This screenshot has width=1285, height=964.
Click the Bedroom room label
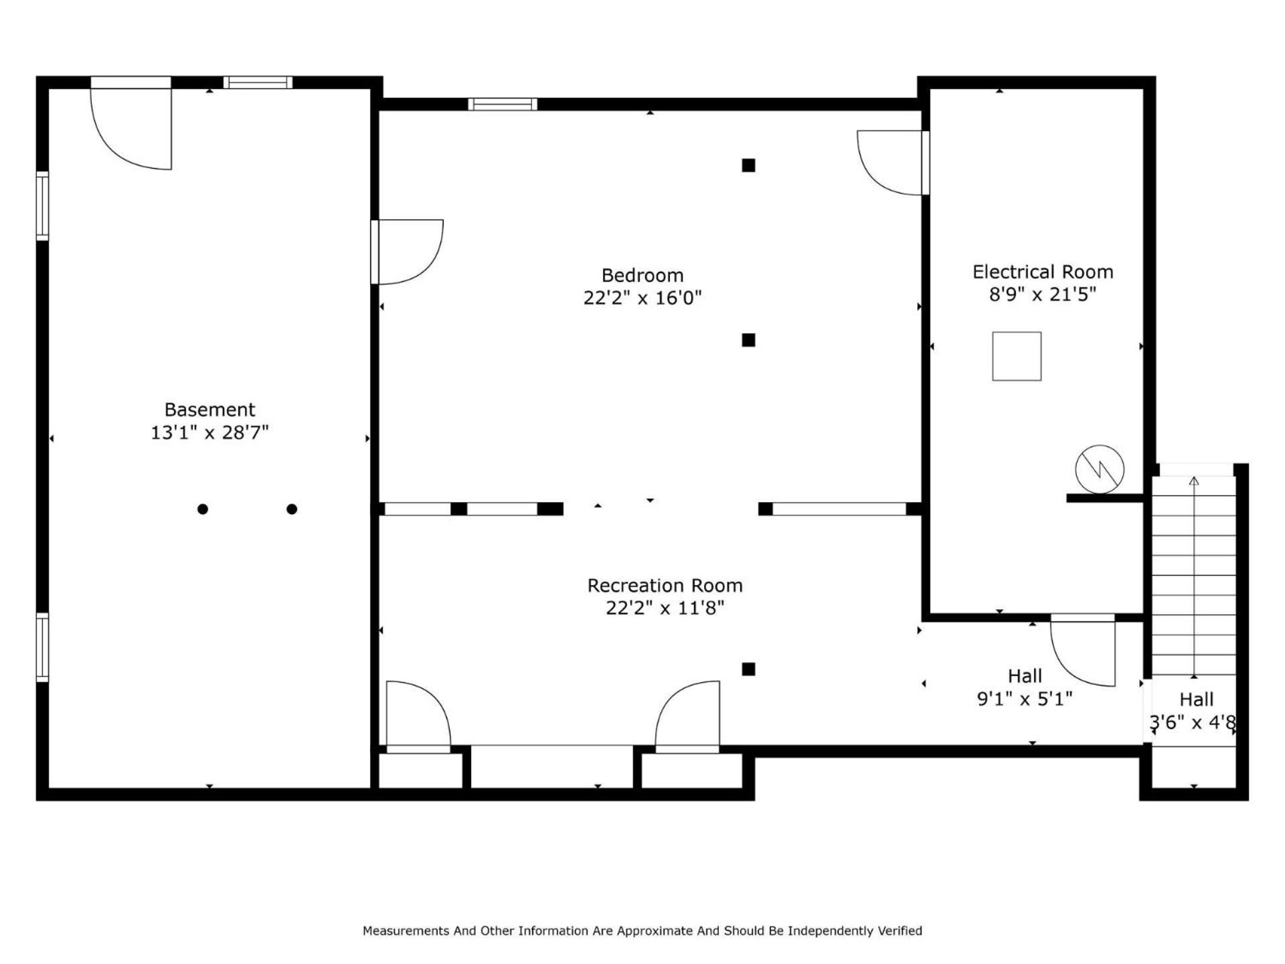tap(642, 275)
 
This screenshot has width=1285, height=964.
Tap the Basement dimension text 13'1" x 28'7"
tap(209, 432)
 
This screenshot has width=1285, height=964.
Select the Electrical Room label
tap(1043, 272)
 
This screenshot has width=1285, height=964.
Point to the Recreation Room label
tap(665, 586)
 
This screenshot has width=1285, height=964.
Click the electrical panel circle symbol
tap(1100, 469)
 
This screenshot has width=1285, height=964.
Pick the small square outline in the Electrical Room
tap(1017, 356)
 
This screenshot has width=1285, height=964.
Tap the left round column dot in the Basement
tap(203, 509)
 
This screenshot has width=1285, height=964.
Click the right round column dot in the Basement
tap(292, 509)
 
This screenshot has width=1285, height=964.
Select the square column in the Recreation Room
tap(748, 669)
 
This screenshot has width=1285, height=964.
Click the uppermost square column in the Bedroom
tap(748, 165)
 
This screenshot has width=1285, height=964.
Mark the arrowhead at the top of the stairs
tap(1194, 481)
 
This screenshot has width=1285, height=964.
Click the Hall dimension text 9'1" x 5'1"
tap(1025, 699)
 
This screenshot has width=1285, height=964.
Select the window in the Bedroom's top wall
tap(503, 104)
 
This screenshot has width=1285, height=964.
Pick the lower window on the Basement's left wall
tap(42, 647)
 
